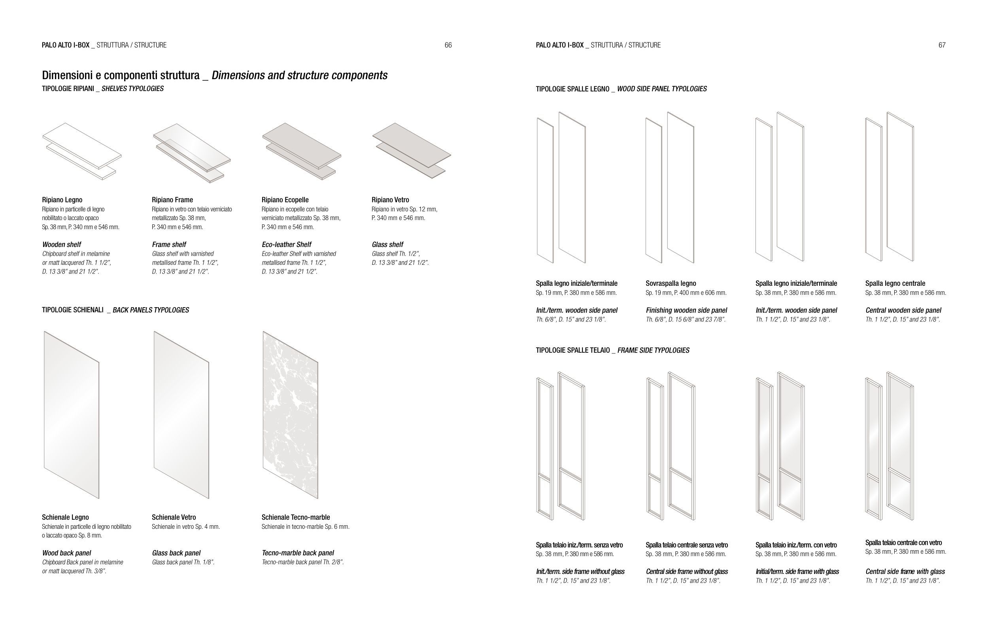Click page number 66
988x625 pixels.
448,45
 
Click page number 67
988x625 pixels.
942,45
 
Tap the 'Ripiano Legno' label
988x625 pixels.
62,200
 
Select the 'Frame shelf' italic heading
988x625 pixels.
169,244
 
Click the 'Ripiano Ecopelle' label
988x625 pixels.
285,200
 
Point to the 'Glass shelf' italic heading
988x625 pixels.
387,244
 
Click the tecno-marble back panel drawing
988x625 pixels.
291,415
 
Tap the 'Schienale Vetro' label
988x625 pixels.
174,517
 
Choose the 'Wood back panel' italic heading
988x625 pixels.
66,553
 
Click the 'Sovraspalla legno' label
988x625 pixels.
671,283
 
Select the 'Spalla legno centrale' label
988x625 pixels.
895,283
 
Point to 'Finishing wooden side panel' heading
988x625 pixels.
686,310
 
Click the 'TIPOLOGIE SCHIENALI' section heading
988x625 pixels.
73,310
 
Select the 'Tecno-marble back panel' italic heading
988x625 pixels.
297,553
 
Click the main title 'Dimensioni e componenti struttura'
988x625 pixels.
121,76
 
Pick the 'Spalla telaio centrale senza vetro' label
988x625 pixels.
686,545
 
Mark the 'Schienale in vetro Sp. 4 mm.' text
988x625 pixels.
185,527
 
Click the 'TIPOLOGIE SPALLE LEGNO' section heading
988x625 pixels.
572,89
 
